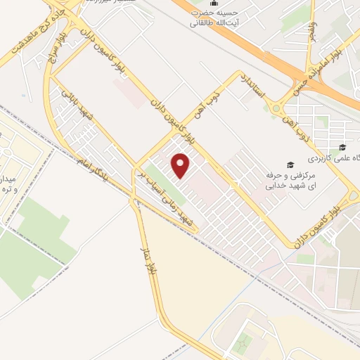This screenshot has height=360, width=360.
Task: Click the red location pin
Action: pos(181,167)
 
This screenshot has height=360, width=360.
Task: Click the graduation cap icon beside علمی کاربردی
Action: pos(342,148)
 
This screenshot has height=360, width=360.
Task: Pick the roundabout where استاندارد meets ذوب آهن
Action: pos(275,108)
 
